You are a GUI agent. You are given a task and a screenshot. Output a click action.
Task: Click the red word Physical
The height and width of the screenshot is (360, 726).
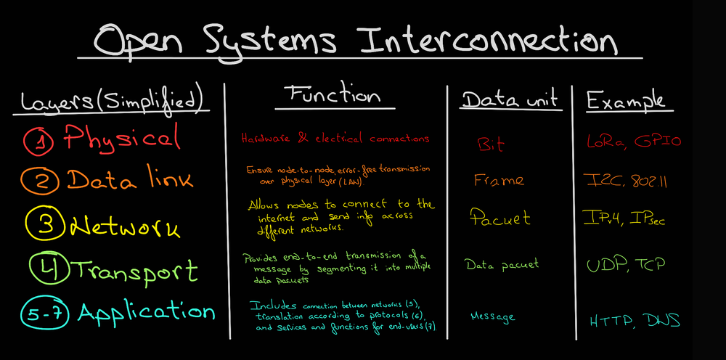click(120, 139)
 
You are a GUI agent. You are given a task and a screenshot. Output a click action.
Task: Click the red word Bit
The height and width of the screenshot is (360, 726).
click(491, 144)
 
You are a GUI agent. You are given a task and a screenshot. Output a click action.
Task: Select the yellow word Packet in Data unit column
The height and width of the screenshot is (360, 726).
click(500, 217)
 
